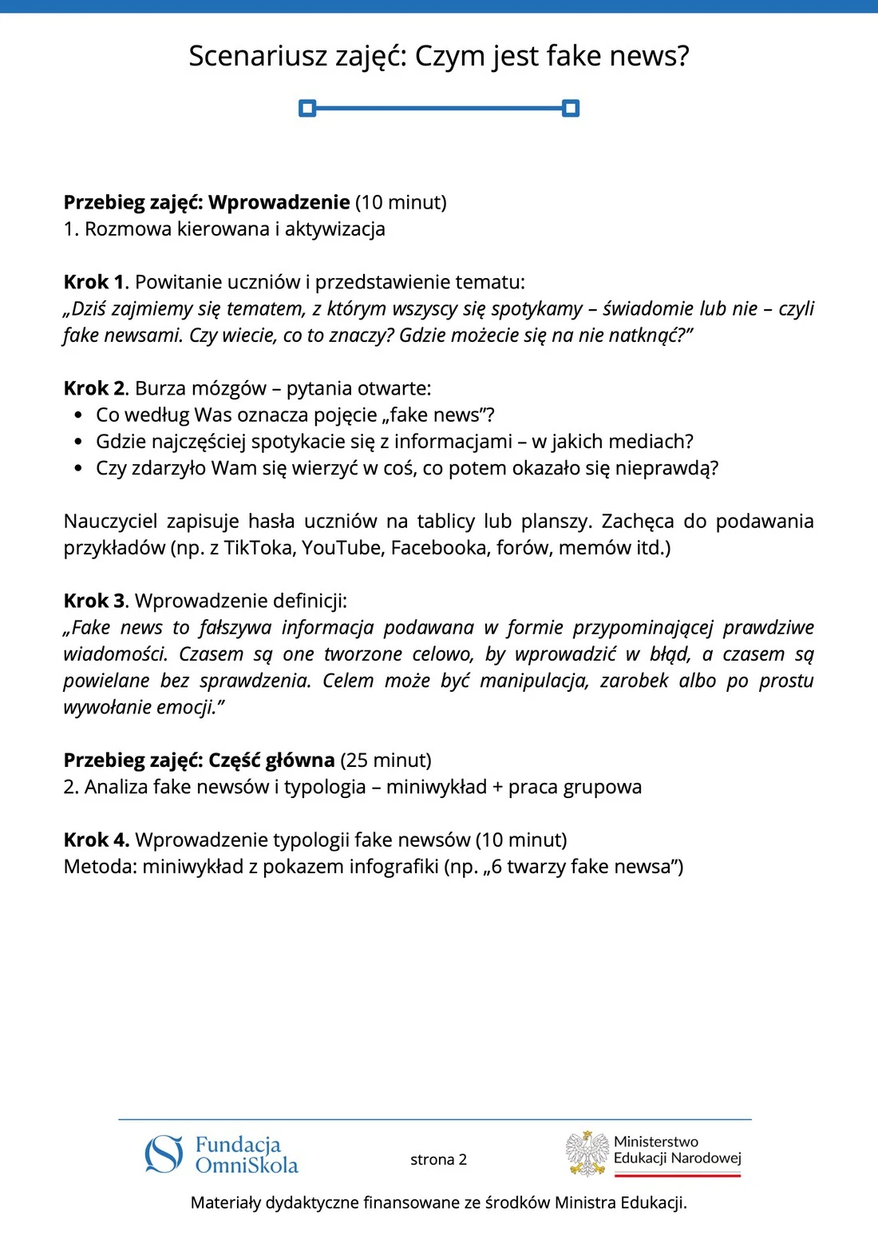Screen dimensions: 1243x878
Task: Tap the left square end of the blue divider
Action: [x=307, y=108]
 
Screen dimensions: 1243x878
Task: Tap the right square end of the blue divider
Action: [x=571, y=108]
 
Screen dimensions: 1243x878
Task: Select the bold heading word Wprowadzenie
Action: [x=279, y=202]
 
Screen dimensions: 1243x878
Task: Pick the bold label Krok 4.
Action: [x=96, y=840]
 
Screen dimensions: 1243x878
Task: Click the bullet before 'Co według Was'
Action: [x=77, y=415]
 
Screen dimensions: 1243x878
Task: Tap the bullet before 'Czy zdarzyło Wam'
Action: [x=77, y=468]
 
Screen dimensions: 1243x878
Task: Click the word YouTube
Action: [x=342, y=548]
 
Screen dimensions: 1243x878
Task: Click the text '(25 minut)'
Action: [x=386, y=760]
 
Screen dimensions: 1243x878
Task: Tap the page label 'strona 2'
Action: [x=438, y=1159]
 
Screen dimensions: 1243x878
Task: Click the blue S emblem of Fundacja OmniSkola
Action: [x=164, y=1154]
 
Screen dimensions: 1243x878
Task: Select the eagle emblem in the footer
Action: [x=587, y=1154]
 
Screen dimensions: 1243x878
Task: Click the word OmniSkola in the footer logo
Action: [x=247, y=1166]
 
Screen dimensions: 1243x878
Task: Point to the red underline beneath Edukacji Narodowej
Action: [x=678, y=1175]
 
